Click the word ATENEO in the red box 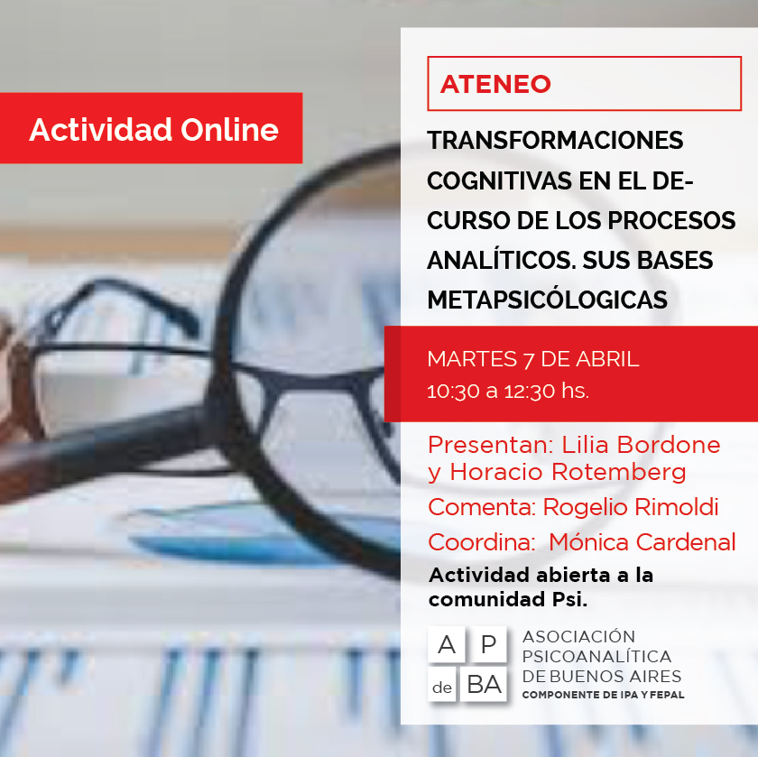495,84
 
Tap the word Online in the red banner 229,130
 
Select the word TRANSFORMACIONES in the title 555,141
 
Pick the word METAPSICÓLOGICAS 547,300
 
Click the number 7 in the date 529,360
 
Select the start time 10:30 453,391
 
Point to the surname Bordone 669,445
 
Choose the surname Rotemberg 618,472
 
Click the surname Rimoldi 631,506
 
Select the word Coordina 482,541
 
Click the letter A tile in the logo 446,644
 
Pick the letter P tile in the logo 488,644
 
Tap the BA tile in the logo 483,685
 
